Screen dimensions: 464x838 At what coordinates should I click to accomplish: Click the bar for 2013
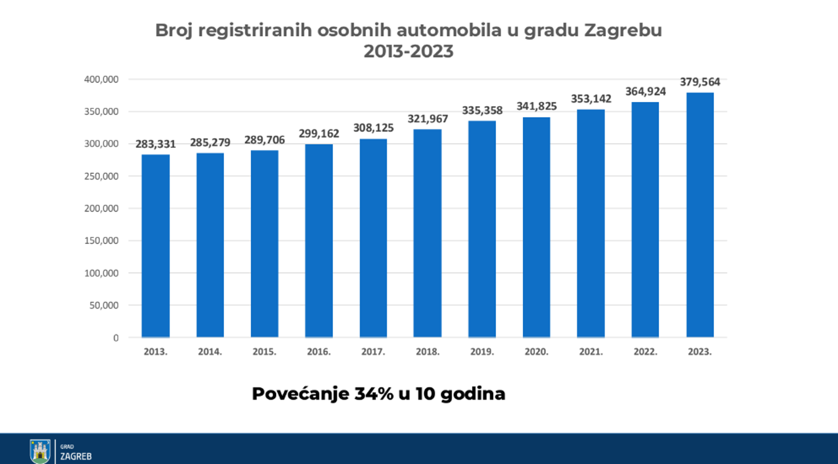tap(155, 246)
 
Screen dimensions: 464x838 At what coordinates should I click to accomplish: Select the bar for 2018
tap(427, 233)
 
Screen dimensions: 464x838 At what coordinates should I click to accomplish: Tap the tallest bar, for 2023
tap(700, 215)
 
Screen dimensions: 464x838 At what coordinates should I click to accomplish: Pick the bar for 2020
tap(536, 227)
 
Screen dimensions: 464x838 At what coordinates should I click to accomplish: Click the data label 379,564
tap(700, 82)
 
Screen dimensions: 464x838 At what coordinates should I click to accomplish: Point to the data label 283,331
tap(155, 144)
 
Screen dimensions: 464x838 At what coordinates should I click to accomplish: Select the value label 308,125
tap(373, 128)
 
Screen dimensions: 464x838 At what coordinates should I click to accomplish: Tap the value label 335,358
tap(482, 110)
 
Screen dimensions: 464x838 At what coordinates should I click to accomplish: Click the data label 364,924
tap(645, 92)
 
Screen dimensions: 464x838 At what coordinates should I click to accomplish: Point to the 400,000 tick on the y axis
tap(101, 79)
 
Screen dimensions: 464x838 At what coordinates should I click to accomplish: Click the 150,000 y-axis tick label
tap(101, 241)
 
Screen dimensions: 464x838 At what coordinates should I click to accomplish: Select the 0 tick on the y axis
tap(116, 338)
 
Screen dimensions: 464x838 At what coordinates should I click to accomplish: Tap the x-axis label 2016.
tap(319, 352)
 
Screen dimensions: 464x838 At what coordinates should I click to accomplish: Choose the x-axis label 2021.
tap(591, 352)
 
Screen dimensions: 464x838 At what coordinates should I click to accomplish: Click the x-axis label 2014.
tap(210, 352)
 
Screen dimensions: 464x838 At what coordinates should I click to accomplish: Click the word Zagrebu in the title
tap(623, 31)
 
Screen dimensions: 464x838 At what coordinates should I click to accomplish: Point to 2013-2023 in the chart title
tap(408, 52)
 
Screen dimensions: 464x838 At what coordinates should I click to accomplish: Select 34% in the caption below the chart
tap(374, 394)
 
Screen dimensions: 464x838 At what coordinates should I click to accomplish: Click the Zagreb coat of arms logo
tap(40, 451)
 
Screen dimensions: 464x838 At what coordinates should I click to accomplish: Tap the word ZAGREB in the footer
tap(76, 456)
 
